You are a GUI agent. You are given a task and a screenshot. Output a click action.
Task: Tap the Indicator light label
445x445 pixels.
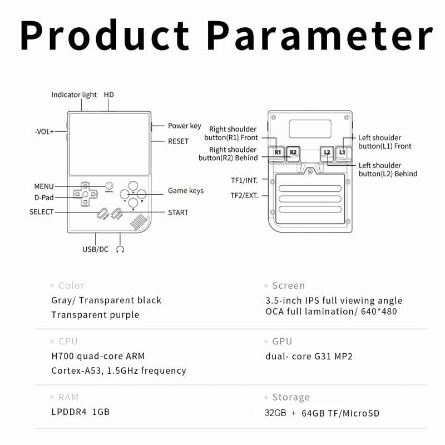[73, 95]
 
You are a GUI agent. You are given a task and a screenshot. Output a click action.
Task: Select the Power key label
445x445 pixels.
[184, 126]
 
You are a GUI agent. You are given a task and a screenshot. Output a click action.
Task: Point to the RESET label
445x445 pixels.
[178, 141]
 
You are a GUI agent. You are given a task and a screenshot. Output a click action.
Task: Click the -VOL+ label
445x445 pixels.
[44, 132]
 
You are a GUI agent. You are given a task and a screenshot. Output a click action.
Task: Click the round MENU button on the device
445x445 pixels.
[110, 186]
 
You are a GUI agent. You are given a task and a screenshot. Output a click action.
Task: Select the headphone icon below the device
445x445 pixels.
[120, 249]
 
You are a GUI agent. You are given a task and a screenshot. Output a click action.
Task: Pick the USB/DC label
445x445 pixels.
[95, 249]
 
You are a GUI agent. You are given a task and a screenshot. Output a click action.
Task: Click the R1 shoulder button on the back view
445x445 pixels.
[278, 152]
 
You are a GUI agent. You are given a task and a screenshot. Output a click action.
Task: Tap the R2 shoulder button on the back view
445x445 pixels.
[293, 152]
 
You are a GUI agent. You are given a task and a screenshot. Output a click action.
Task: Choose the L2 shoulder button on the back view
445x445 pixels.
[327, 152]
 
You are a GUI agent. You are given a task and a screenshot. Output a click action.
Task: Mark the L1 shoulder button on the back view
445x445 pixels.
[342, 152]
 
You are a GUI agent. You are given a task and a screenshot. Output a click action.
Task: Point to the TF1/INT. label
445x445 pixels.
[245, 180]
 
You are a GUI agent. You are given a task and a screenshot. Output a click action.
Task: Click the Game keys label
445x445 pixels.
[186, 191]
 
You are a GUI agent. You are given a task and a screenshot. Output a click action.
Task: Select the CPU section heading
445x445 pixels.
[68, 342]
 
